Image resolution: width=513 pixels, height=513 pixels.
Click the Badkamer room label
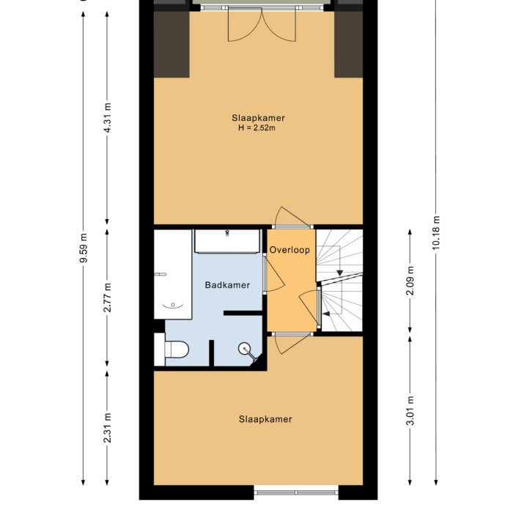(227, 285)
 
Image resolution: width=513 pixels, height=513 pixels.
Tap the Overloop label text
(289, 250)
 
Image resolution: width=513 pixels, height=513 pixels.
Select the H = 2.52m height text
(258, 128)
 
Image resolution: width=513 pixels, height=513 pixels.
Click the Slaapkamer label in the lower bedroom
(265, 419)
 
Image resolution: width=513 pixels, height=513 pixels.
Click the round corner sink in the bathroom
(246, 350)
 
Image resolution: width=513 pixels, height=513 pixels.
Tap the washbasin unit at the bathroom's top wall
(226, 241)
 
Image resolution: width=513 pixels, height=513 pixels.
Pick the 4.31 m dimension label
(108, 117)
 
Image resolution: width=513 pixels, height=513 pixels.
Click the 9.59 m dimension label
(83, 248)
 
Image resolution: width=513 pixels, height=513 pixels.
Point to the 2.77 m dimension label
(108, 298)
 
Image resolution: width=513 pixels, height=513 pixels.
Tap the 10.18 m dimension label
(437, 233)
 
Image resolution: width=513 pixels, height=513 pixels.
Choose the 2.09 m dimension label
(410, 281)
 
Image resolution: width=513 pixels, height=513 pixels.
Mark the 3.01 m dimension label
(410, 410)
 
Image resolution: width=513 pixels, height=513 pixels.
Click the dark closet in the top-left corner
(171, 44)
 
